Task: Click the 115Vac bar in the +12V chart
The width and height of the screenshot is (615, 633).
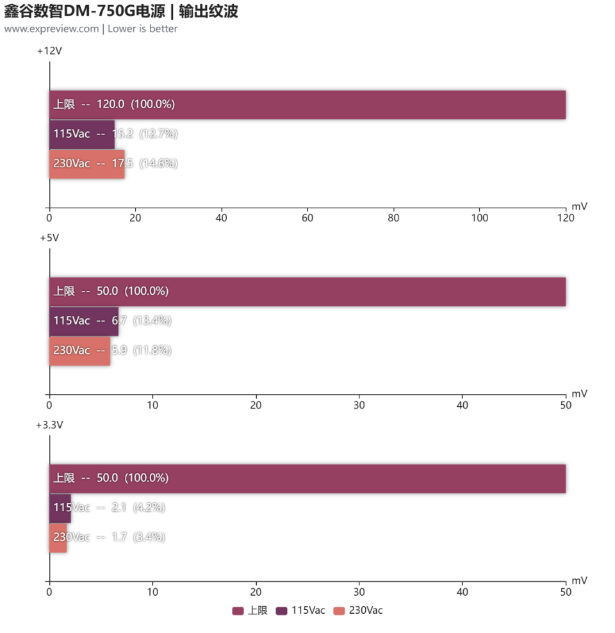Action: (82, 134)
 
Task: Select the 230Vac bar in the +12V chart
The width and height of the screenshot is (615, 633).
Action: (87, 163)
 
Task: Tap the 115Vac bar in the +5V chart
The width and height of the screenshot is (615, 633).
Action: (84, 320)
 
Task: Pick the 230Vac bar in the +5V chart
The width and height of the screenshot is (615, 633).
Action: (80, 350)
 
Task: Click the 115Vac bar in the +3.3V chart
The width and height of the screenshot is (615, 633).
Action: (60, 507)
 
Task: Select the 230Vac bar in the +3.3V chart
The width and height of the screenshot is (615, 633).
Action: (58, 537)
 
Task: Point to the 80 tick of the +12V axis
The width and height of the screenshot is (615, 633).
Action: (393, 218)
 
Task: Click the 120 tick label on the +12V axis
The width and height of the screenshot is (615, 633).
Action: (566, 218)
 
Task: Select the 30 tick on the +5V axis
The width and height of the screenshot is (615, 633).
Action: (359, 405)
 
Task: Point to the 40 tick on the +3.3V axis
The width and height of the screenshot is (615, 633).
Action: (462, 592)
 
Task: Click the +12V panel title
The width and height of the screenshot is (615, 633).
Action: (49, 51)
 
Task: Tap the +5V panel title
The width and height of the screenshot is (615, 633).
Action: (49, 238)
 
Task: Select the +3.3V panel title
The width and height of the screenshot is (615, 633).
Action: (49, 425)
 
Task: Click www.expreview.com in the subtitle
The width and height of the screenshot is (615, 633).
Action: (51, 29)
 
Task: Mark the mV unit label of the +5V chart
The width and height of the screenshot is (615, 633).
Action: (579, 393)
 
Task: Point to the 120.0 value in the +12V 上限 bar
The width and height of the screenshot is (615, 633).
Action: (110, 104)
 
